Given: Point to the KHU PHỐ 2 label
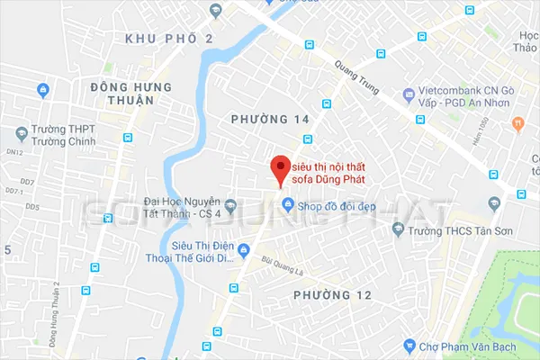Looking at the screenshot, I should click(169, 39).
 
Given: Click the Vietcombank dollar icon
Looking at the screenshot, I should click(409, 94).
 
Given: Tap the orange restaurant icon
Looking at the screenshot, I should click(517, 123).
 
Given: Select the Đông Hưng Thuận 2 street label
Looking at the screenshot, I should click(56, 311).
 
